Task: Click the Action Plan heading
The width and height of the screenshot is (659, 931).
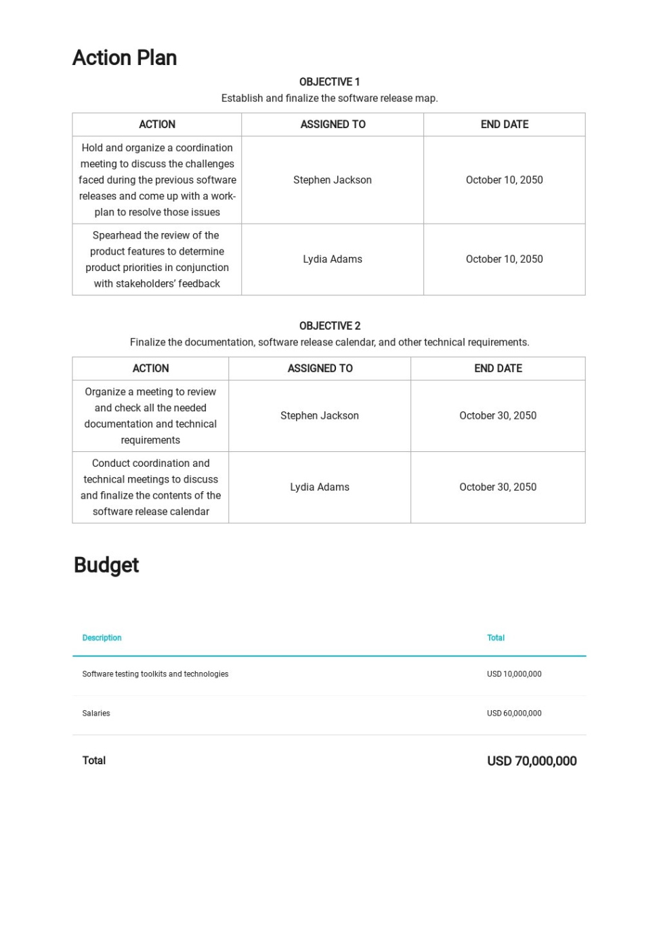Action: click(125, 58)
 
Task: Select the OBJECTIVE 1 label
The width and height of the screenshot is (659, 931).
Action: click(329, 82)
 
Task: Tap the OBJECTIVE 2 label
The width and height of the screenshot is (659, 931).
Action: click(329, 326)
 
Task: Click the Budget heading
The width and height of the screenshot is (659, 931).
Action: click(106, 565)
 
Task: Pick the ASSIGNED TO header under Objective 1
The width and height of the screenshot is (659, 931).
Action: click(333, 125)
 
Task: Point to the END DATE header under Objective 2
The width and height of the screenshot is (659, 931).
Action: click(498, 369)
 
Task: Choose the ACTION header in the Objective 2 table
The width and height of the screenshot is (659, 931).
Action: click(150, 369)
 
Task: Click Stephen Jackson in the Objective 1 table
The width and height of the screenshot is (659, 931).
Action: click(333, 180)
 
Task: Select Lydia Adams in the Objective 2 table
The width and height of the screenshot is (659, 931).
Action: click(320, 487)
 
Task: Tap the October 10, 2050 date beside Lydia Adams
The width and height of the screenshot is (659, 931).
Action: click(504, 260)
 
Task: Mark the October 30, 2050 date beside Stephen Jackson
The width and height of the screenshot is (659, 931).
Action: click(498, 416)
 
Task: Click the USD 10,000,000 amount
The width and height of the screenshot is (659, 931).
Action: click(514, 674)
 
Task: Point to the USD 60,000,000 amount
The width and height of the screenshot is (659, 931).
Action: click(514, 713)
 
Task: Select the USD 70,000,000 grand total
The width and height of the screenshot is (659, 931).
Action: click(532, 761)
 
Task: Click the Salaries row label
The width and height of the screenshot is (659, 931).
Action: click(96, 713)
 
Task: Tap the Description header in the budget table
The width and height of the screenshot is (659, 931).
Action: click(102, 638)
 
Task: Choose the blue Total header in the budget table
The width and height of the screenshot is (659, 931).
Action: click(496, 638)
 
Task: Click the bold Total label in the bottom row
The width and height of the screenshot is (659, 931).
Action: click(94, 761)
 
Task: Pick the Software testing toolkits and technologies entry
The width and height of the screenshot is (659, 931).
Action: click(155, 674)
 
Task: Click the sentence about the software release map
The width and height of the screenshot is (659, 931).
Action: click(329, 98)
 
